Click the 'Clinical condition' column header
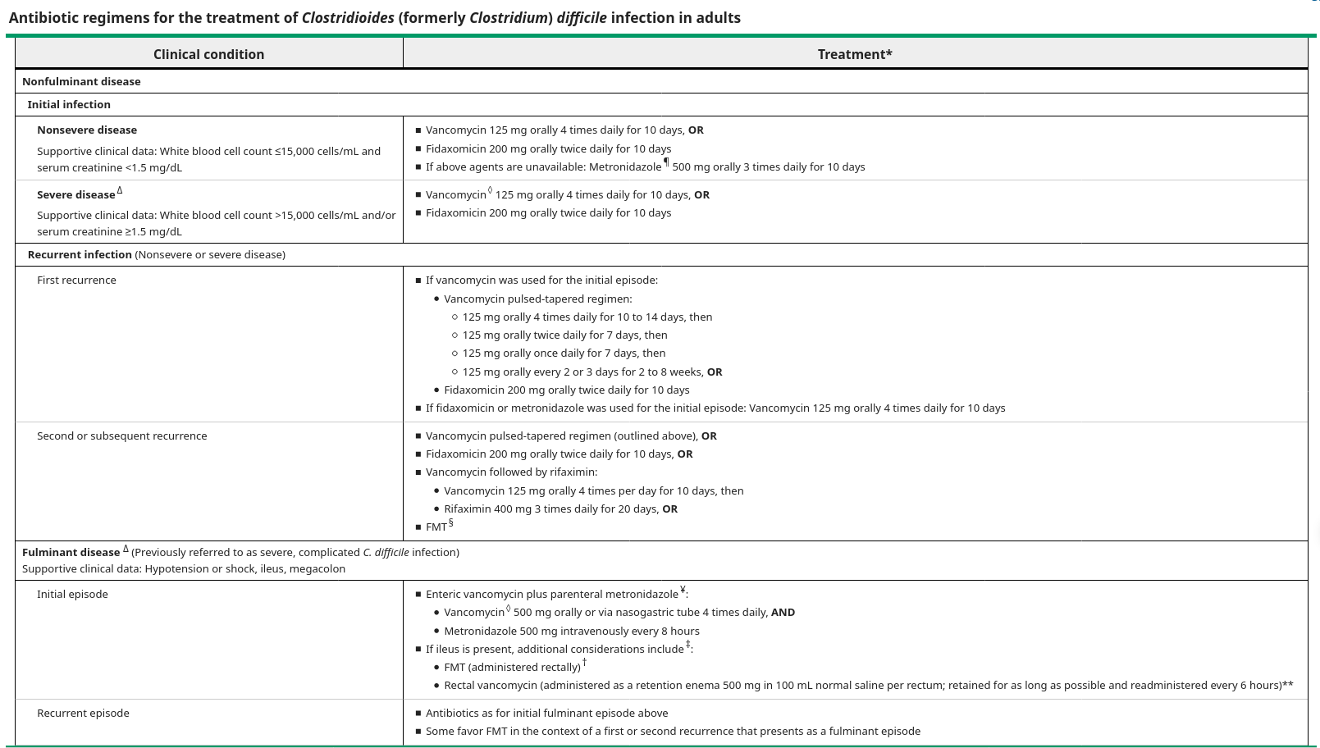tap(208, 54)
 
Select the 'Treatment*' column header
tap(854, 54)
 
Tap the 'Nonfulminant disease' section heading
tap(81, 81)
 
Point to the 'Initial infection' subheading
tap(69, 104)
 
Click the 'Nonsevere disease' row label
tap(87, 130)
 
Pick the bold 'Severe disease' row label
tap(76, 194)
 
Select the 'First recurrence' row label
tap(76, 280)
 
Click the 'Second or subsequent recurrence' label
tap(121, 436)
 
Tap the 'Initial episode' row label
tap(72, 594)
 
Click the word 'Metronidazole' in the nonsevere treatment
tap(624, 166)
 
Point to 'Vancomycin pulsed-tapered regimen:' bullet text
tap(537, 299)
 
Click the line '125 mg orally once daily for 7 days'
tap(564, 353)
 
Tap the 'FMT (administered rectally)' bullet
tap(512, 667)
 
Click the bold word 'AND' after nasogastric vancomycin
tap(783, 612)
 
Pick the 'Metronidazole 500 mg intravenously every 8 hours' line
tap(571, 631)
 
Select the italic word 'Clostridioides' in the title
tap(348, 17)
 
